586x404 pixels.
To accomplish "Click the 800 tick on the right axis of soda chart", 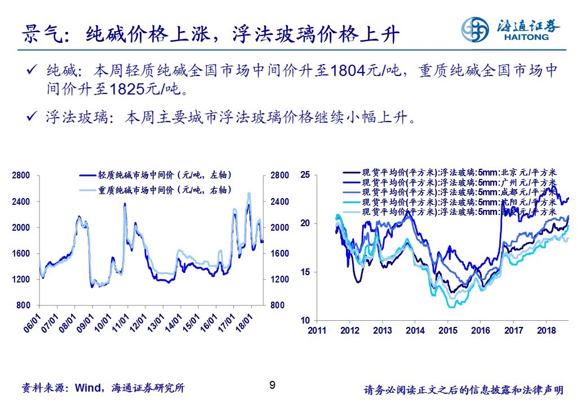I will [279, 306].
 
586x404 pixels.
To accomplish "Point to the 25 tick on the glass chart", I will [305, 175].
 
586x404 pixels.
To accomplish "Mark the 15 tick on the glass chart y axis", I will [305, 272].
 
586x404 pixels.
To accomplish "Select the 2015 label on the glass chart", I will [448, 331].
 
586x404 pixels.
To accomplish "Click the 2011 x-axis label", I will [317, 331].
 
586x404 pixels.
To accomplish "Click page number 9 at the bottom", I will [273, 385].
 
